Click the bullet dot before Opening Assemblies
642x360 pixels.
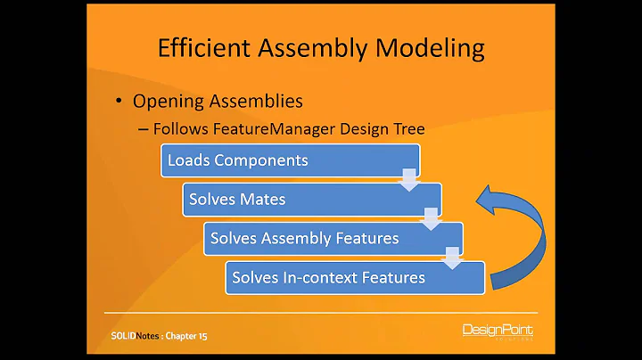(x=119, y=101)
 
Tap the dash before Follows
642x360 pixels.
(x=144, y=129)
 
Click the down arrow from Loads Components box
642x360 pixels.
(x=409, y=178)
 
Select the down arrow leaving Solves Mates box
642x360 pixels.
(x=431, y=217)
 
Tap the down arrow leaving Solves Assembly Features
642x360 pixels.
(x=453, y=256)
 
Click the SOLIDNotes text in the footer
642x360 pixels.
(x=127, y=336)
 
